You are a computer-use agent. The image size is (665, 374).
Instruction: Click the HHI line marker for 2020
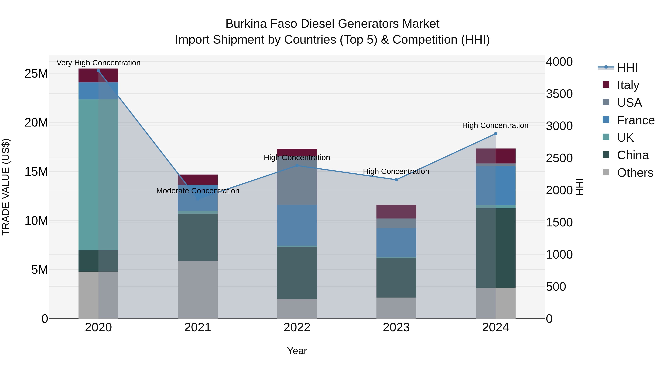click(x=98, y=71)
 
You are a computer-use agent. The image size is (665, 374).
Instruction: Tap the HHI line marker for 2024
click(x=495, y=134)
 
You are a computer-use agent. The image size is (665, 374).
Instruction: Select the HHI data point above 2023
click(x=396, y=180)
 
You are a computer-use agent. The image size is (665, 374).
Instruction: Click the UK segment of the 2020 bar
click(x=98, y=175)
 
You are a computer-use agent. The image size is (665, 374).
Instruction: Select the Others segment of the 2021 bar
click(x=197, y=289)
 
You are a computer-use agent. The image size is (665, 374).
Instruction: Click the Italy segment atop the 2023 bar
click(x=396, y=212)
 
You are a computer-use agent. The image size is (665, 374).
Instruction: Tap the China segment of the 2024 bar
click(x=495, y=248)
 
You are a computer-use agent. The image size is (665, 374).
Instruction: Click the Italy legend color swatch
click(x=606, y=85)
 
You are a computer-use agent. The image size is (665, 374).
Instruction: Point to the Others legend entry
click(x=635, y=173)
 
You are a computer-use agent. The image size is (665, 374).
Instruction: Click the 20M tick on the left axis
click(x=36, y=123)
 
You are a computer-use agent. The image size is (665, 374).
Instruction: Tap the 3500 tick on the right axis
click(x=559, y=94)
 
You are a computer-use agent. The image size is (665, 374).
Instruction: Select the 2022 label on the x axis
click(x=297, y=327)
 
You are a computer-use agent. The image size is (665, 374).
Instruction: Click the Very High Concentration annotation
click(x=98, y=63)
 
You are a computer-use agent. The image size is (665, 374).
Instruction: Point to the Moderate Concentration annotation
click(x=198, y=191)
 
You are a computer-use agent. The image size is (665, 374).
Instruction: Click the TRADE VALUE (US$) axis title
click(x=6, y=187)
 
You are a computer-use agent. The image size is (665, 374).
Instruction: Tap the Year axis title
click(x=297, y=351)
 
